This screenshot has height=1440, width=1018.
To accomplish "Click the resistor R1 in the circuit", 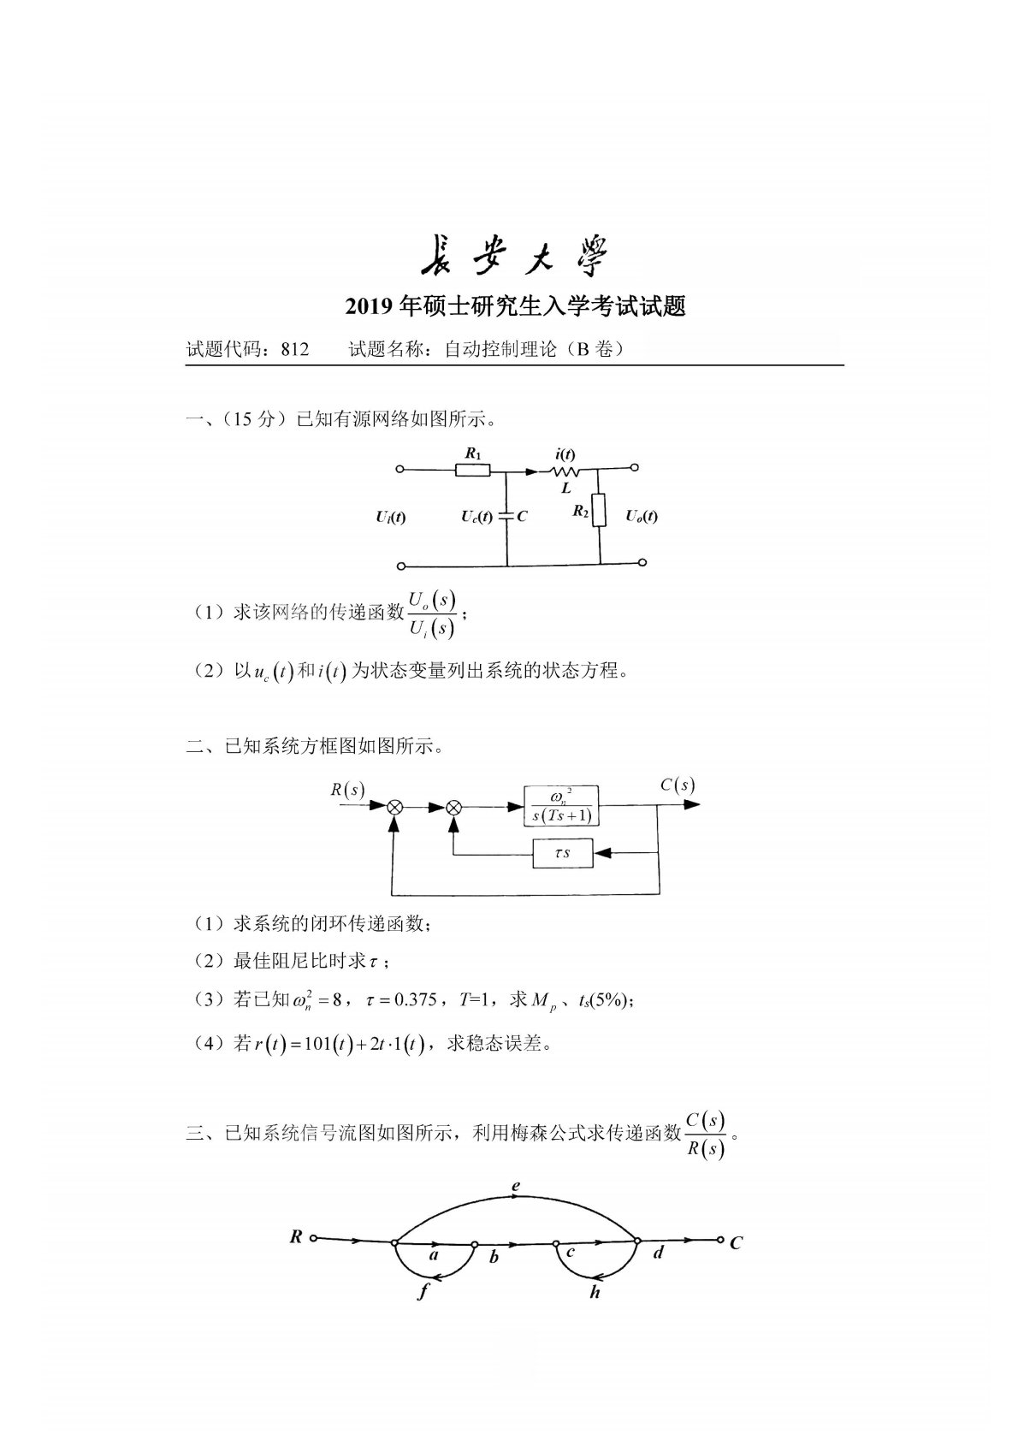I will [x=472, y=469].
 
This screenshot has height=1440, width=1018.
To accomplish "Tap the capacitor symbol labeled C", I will [x=506, y=516].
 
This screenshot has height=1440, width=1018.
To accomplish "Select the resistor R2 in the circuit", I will [x=600, y=510].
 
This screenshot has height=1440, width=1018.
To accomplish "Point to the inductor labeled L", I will [x=565, y=470].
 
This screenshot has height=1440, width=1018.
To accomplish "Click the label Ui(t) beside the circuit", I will [x=390, y=517].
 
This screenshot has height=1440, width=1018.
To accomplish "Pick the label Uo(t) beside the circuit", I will [x=641, y=516].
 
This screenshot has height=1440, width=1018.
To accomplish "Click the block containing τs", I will [x=562, y=853].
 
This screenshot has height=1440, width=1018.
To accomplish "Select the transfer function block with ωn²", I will [x=561, y=805].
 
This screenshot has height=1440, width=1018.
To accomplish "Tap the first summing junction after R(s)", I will [x=394, y=806].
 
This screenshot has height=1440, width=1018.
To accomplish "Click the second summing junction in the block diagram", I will [x=455, y=806].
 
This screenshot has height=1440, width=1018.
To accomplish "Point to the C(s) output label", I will [x=677, y=785].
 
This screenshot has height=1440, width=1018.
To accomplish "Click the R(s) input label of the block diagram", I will [x=347, y=789].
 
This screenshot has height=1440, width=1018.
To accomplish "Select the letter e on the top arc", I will [x=516, y=1187].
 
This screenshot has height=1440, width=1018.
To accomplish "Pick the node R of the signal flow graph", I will [x=297, y=1236].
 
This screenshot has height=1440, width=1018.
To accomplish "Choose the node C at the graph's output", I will [x=735, y=1242].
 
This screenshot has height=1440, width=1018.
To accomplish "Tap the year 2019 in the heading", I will [x=368, y=306].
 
